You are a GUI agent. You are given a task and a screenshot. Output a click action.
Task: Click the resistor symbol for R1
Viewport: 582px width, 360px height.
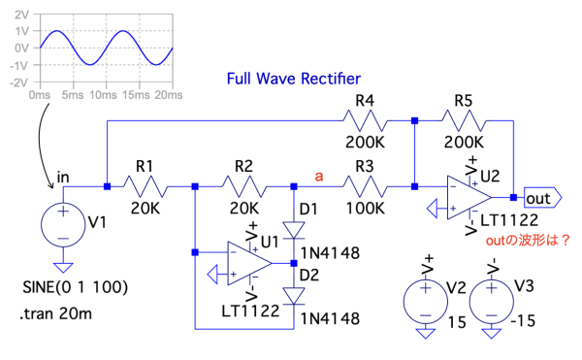[145, 186]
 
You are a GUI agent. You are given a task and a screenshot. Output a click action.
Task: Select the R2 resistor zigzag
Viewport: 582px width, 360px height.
[243, 186]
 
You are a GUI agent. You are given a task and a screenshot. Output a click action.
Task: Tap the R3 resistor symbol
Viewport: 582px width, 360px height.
[365, 186]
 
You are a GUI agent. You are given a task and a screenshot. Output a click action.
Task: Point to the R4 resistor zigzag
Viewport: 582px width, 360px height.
[365, 120]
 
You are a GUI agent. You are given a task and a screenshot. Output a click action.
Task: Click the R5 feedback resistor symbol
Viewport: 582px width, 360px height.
[464, 120]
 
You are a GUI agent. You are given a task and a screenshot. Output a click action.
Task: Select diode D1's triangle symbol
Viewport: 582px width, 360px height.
[294, 230]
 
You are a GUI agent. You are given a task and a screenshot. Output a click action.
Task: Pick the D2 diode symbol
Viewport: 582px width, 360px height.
[294, 296]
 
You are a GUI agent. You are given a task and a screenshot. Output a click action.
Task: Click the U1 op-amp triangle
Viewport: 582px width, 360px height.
[249, 264]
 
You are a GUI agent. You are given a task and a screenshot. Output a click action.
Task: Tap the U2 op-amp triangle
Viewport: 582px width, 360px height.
[469, 197]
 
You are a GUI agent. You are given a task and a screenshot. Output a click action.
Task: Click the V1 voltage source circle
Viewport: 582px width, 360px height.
[63, 225]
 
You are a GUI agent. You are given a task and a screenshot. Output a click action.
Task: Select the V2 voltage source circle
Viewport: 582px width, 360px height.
[426, 302]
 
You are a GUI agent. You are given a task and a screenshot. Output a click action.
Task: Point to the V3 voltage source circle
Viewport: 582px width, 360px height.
[492, 302]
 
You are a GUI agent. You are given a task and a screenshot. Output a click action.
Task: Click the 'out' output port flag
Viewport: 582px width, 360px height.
[542, 198]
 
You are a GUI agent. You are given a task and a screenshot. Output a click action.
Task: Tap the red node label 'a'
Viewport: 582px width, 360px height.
[319, 176]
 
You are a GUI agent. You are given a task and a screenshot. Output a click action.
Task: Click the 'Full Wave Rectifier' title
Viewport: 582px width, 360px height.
[294, 79]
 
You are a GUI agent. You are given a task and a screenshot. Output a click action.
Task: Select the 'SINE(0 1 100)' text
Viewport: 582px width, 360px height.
[76, 287]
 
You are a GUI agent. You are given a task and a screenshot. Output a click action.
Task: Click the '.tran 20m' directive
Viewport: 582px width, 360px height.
[55, 314]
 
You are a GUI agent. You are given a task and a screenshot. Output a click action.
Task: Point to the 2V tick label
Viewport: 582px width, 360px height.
[22, 15]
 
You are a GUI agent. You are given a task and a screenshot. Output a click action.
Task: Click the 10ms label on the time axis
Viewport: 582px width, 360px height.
[103, 95]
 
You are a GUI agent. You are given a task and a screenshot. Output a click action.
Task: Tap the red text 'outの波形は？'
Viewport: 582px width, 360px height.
[528, 241]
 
